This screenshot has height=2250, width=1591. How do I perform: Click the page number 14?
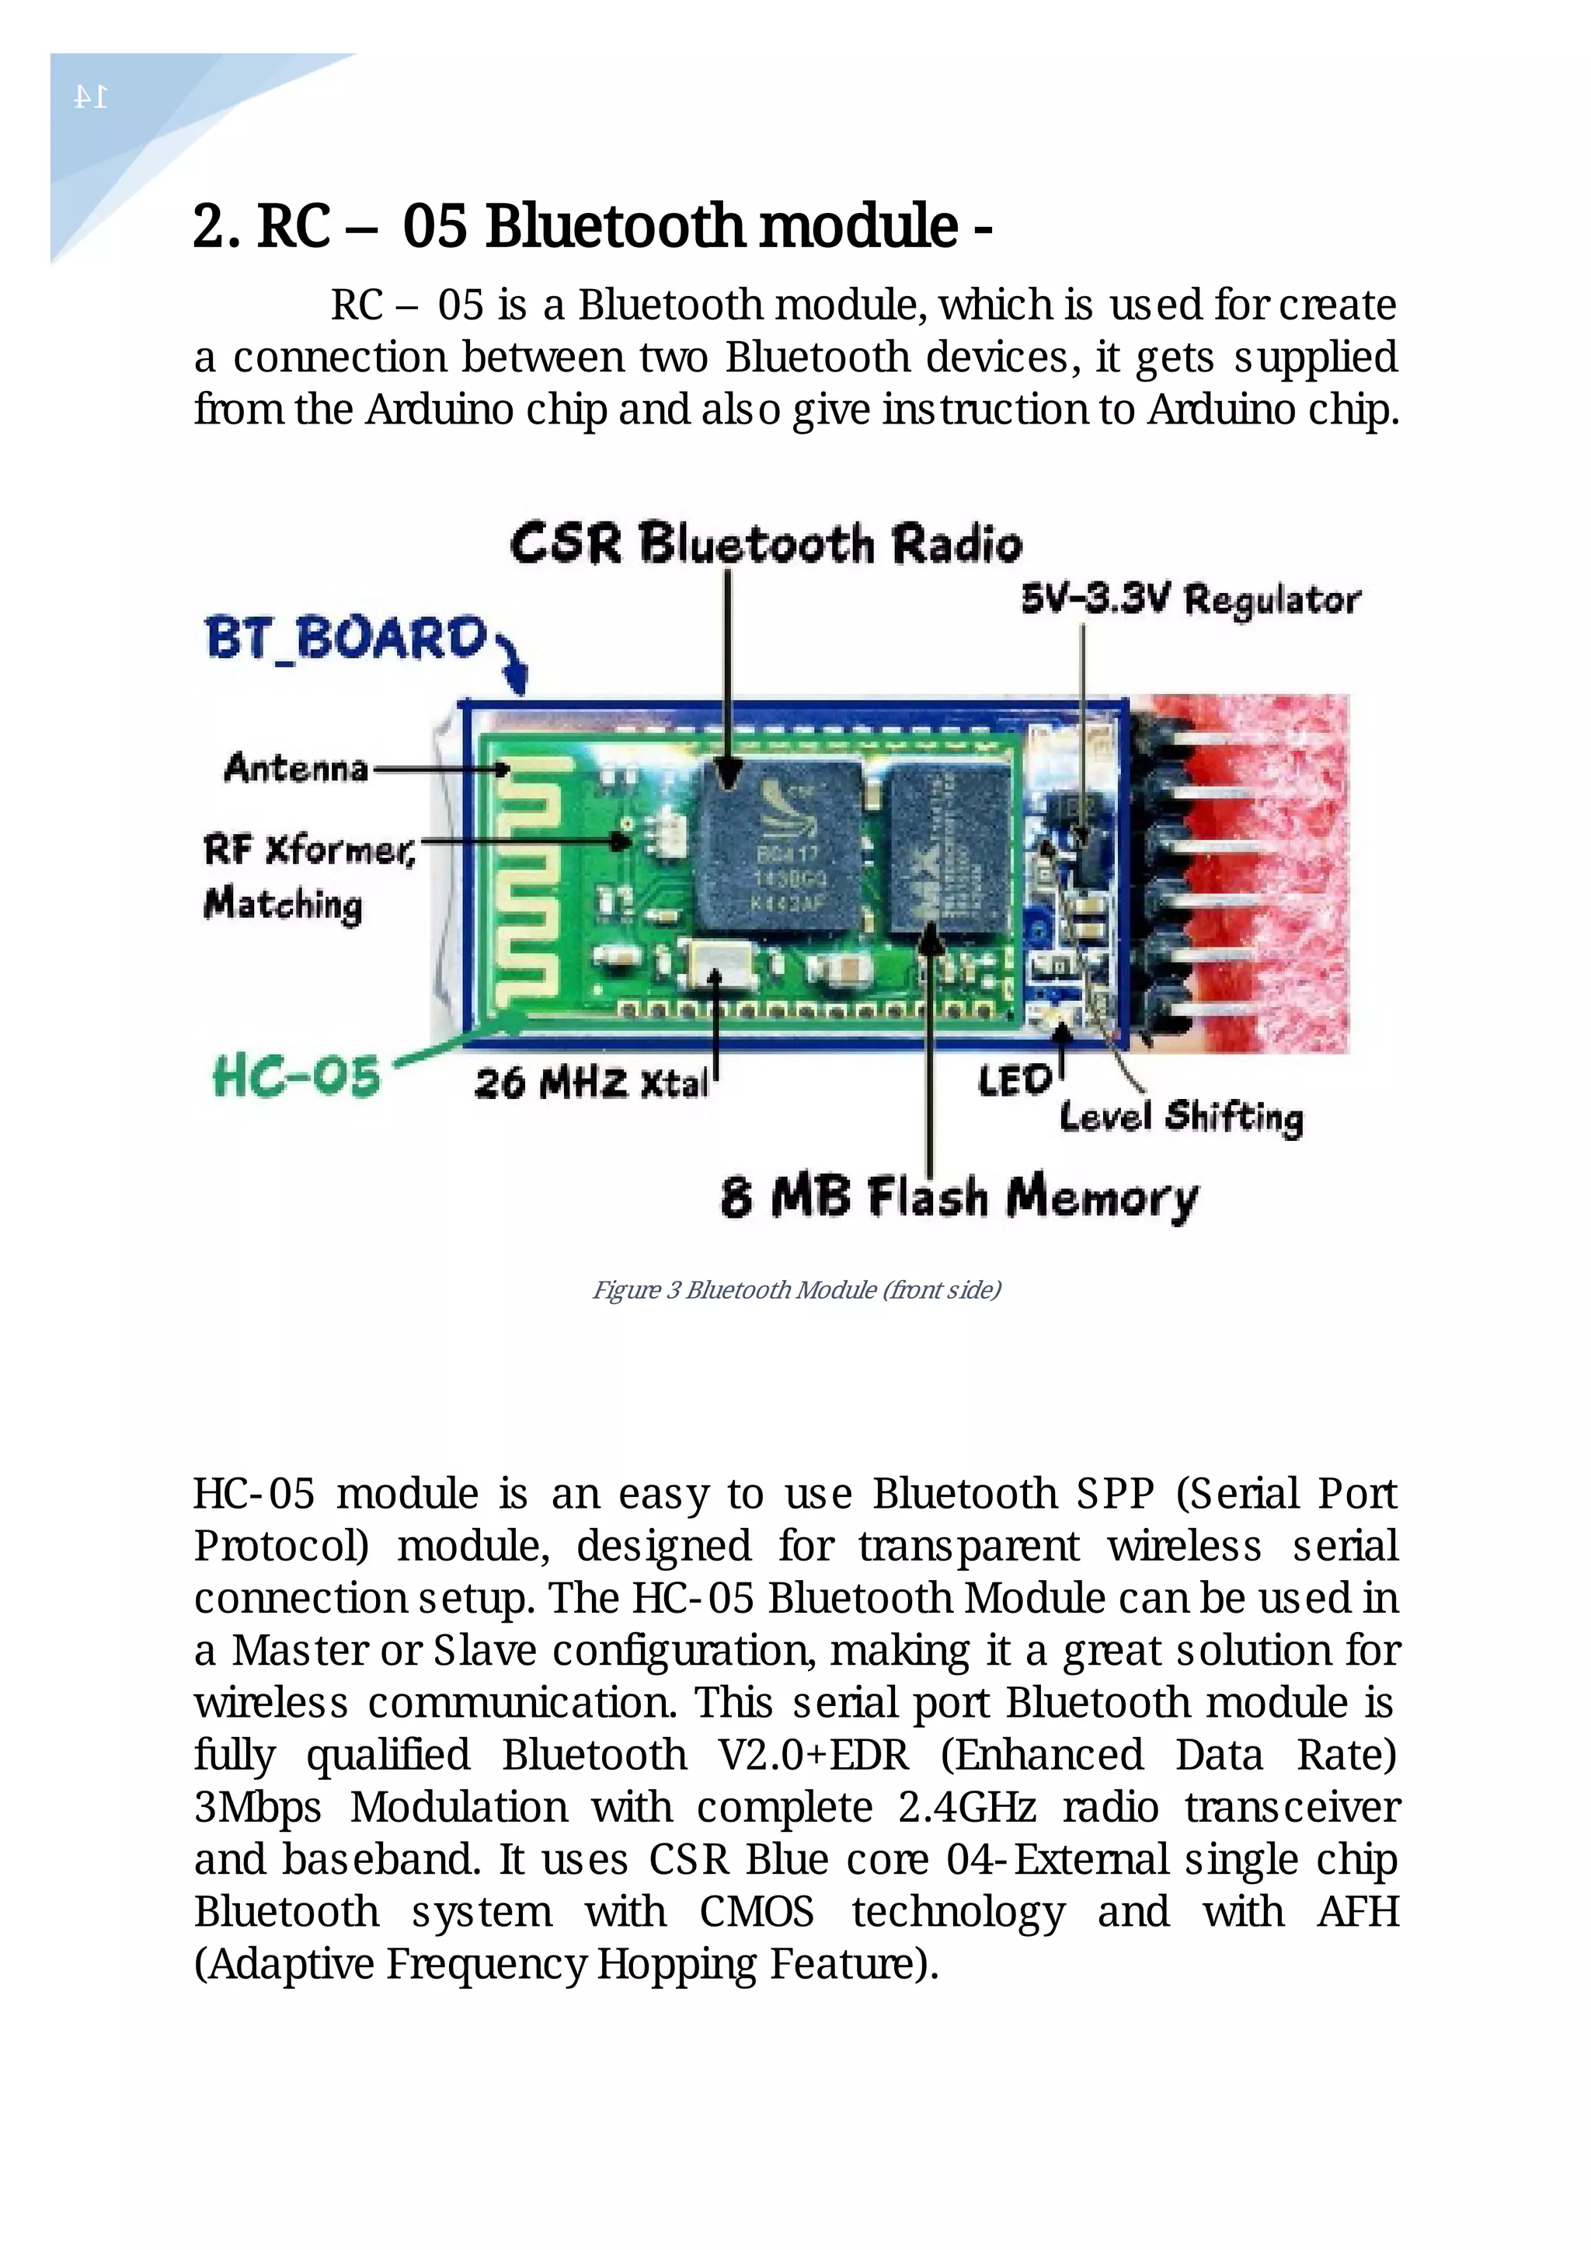tap(90, 97)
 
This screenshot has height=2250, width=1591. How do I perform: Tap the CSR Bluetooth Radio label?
tap(765, 543)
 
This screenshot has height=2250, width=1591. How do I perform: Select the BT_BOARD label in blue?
tap(346, 638)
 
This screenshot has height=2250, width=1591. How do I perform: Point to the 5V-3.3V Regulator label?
tap(1190, 598)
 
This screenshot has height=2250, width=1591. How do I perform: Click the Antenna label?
tap(296, 767)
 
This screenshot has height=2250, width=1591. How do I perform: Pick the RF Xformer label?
tap(310, 849)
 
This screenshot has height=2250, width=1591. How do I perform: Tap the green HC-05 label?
tap(296, 1077)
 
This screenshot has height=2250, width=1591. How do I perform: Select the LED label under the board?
tap(1014, 1081)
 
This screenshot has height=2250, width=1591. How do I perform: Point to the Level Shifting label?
tap(1181, 1116)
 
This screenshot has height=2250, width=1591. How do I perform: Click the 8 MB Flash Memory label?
tap(959, 1197)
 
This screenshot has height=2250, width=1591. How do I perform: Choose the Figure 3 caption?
tap(795, 1289)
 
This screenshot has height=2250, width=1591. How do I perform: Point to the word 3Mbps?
tap(258, 1807)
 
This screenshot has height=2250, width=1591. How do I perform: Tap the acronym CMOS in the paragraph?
tap(757, 1912)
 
